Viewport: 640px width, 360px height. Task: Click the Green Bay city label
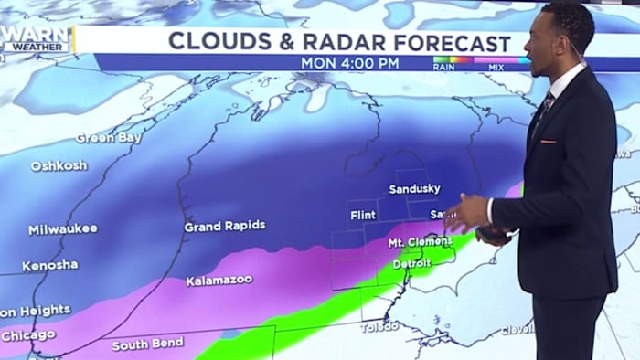(108, 138)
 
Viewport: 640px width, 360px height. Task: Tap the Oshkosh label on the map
(59, 166)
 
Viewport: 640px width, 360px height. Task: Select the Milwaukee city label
(62, 229)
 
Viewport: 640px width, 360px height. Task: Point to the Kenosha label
(49, 265)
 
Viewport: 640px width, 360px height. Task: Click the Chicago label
(27, 335)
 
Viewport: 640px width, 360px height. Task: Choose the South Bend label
(147, 344)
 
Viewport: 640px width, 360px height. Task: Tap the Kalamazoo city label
(219, 281)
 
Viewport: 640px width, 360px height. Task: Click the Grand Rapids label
(225, 226)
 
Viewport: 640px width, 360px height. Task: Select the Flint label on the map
(363, 216)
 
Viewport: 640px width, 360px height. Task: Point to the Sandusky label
(414, 189)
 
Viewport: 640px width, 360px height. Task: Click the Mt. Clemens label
(420, 242)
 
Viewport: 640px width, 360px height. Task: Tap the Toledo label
(379, 326)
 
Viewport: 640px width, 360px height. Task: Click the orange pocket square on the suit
(548, 141)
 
